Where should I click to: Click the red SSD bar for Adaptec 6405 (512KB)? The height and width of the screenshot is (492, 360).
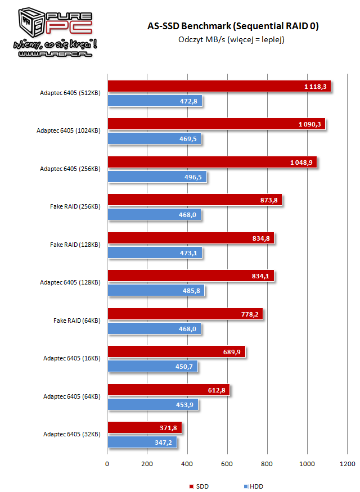click(219, 87)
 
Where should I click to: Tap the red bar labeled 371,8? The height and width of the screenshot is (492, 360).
click(145, 428)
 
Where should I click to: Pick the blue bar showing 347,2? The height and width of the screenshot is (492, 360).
click(142, 443)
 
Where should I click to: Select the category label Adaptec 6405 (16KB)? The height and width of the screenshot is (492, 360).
click(71, 358)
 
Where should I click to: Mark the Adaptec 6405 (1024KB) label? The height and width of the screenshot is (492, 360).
click(68, 131)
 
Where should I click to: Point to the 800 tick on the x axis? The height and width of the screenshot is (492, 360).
click(267, 464)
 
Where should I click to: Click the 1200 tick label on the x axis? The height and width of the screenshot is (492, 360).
click(347, 464)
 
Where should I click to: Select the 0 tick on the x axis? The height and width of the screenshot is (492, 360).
click(107, 464)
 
